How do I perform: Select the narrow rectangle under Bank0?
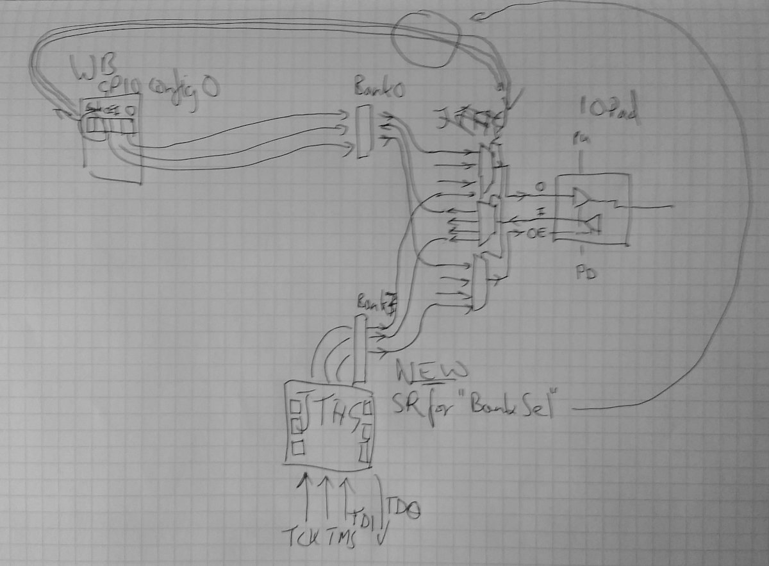click(x=362, y=133)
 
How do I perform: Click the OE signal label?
click(x=535, y=235)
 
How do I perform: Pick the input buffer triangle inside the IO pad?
click(x=593, y=223)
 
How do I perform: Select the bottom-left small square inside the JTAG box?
click(x=296, y=446)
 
